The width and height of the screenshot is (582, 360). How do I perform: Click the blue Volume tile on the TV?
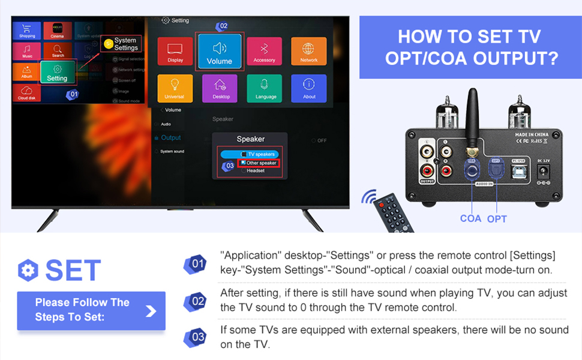pyautogui.click(x=219, y=52)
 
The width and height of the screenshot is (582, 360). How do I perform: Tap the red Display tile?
pyautogui.click(x=175, y=52)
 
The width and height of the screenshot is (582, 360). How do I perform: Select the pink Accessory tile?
pyautogui.click(x=264, y=52)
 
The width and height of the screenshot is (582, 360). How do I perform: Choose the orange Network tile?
pyautogui.click(x=308, y=52)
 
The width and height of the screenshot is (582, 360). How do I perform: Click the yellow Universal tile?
pyautogui.click(x=175, y=88)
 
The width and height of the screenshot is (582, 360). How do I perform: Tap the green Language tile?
pyautogui.click(x=265, y=88)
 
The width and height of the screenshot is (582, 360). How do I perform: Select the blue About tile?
pyautogui.click(x=309, y=88)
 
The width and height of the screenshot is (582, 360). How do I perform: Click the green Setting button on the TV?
pyautogui.click(x=58, y=72)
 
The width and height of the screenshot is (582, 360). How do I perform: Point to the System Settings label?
pyautogui.click(x=125, y=44)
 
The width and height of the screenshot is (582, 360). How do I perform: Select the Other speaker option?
pyautogui.click(x=259, y=163)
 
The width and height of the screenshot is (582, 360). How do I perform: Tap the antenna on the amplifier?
pyautogui.click(x=472, y=123)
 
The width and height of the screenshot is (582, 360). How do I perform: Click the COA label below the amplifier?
pyautogui.click(x=470, y=218)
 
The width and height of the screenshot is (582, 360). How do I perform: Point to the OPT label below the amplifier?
pyautogui.click(x=497, y=218)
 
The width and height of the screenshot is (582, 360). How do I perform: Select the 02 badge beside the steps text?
pyautogui.click(x=197, y=301)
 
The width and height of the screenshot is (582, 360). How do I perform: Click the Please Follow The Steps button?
pyautogui.click(x=91, y=310)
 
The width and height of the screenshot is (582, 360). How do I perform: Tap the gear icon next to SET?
pyautogui.click(x=28, y=271)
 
